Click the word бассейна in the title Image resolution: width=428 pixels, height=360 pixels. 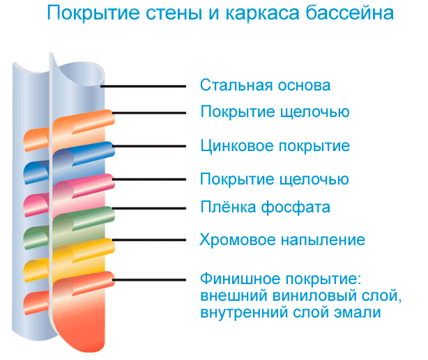click(350, 13)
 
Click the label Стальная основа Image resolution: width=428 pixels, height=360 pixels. click(265, 85)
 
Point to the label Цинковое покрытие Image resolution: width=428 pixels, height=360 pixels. click(275, 146)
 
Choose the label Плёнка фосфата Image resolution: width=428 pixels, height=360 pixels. click(265, 207)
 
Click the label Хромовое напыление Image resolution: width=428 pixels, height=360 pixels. click(282, 240)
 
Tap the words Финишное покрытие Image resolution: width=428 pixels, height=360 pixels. click(281, 279)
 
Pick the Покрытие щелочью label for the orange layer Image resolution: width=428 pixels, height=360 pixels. click(275, 112)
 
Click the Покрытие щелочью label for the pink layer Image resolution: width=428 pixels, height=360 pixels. click(275, 180)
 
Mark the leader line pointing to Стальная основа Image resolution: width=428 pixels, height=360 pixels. click(144, 86)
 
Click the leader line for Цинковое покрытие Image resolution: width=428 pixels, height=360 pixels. click(149, 146)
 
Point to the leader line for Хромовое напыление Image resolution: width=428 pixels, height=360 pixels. click(149, 240)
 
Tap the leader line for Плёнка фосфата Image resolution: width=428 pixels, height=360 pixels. click(149, 208)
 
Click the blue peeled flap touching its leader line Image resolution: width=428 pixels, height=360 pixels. click(84, 154)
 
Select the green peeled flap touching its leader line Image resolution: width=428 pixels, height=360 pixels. click(84, 219)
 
